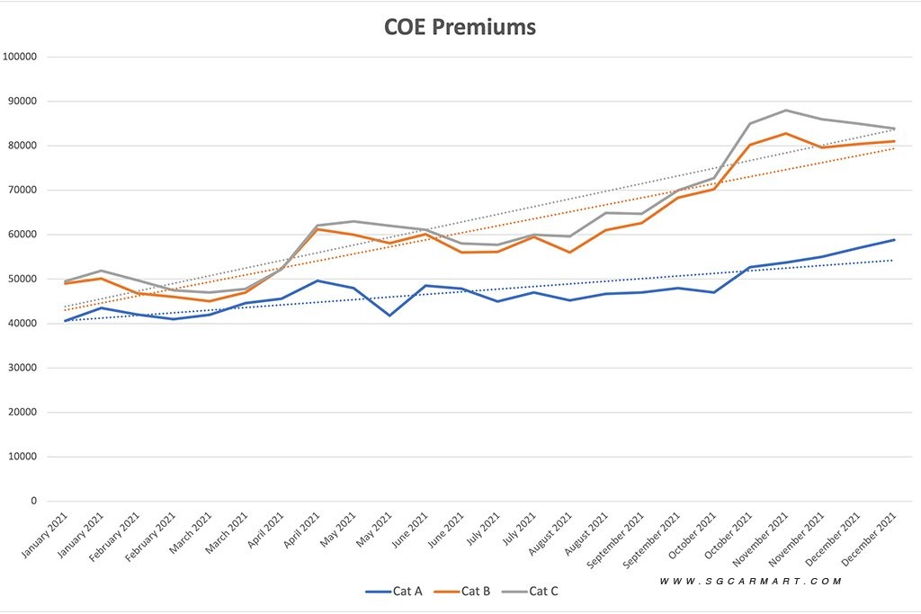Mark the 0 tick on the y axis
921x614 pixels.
[x=35, y=501]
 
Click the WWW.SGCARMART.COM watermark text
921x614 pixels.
[x=750, y=582]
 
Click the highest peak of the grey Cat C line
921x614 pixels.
[x=786, y=111]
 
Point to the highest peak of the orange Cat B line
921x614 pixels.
[x=786, y=133]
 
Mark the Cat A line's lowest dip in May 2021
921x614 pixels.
[x=389, y=316]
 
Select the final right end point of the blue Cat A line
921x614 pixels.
[x=894, y=240]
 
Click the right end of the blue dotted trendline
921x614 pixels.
[x=893, y=261]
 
